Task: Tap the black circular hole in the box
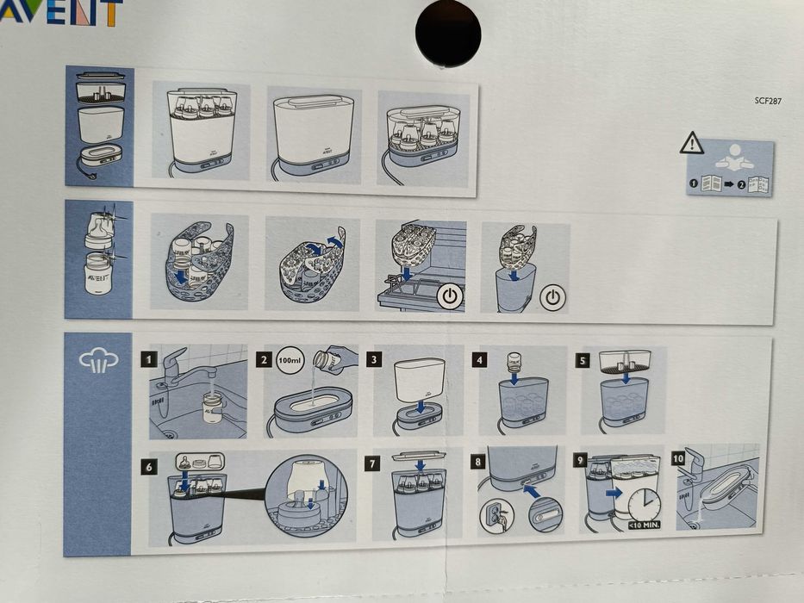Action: (447, 33)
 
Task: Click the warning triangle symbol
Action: (691, 143)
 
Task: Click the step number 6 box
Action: (151, 465)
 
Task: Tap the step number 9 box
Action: (581, 460)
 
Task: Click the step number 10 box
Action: (678, 458)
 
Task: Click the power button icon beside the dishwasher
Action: (450, 297)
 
